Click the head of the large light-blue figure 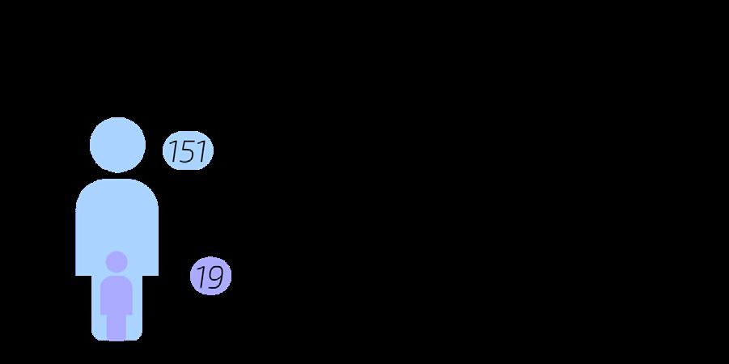tap(117, 145)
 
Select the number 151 tap(188, 151)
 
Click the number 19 tap(210, 277)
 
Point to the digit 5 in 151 tap(188, 151)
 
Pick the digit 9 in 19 tap(215, 277)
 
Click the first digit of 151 tap(173, 151)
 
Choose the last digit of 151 tap(202, 151)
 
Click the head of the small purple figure tap(117, 261)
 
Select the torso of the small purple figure tap(117, 294)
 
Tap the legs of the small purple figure tap(117, 326)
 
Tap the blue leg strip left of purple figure tap(96, 315)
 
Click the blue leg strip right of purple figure tap(137, 315)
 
